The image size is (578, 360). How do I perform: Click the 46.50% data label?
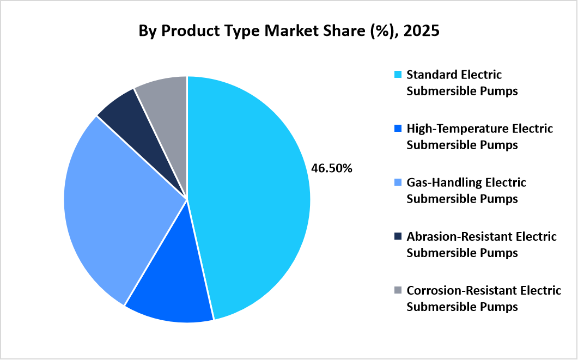pyautogui.click(x=332, y=168)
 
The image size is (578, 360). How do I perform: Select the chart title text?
pyautogui.click(x=289, y=32)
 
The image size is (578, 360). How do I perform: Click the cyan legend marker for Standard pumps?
pyautogui.click(x=398, y=74)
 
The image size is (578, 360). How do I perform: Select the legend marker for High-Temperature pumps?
pyautogui.click(x=398, y=129)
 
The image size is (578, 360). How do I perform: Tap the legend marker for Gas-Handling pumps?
pyautogui.click(x=398, y=182)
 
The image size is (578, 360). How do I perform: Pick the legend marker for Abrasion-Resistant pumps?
pyautogui.click(x=398, y=236)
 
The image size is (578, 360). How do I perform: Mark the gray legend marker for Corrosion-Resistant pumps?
pyautogui.click(x=398, y=290)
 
